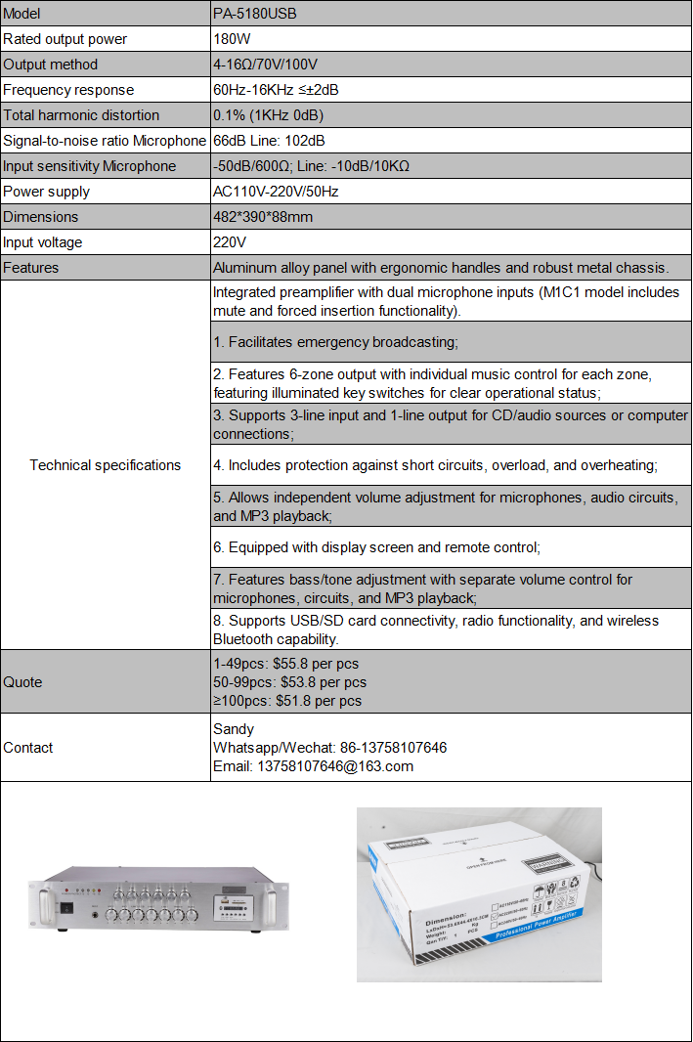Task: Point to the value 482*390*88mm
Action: click(263, 217)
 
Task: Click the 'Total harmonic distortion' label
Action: click(81, 115)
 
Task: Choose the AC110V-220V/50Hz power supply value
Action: click(275, 192)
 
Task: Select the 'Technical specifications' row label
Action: click(106, 465)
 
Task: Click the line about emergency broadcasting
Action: click(335, 342)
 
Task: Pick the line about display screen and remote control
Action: click(376, 547)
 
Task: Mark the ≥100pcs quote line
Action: click(287, 701)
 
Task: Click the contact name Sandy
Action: click(234, 729)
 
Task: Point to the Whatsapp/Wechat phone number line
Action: click(329, 748)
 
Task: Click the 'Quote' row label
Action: click(22, 682)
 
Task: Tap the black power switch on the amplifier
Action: click(65, 906)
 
